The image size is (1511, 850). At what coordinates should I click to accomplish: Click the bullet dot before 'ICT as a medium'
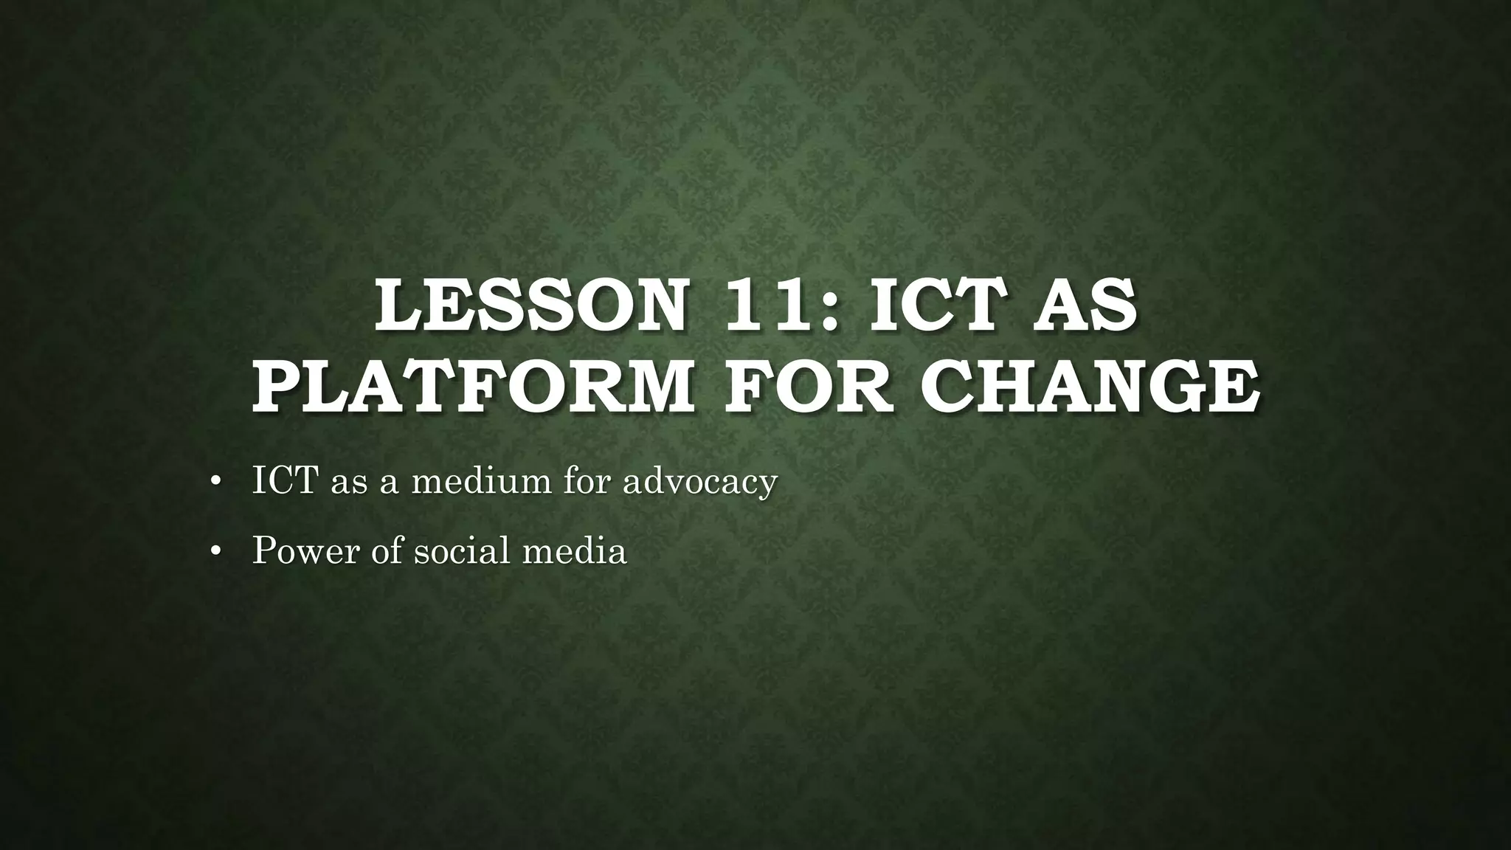click(x=215, y=482)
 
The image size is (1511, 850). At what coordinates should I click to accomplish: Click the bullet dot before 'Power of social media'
click(x=215, y=551)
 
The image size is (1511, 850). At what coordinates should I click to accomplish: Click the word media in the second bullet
click(x=575, y=550)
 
